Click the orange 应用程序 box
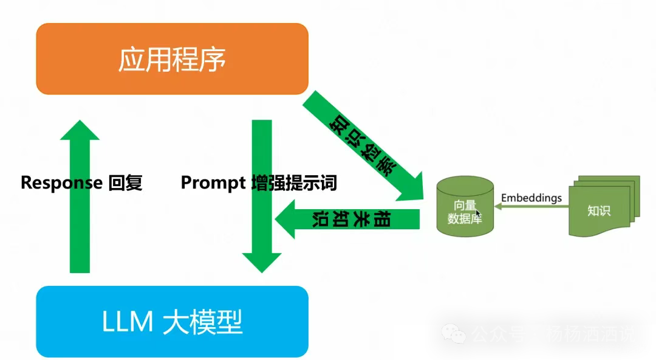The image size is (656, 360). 172,59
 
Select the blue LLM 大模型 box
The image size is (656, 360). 172,321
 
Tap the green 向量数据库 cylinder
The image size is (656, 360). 465,207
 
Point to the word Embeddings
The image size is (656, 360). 531,198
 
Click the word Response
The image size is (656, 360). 61,183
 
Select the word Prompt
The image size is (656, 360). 213,183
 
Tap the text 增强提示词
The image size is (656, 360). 294,183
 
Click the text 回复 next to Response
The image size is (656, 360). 125,183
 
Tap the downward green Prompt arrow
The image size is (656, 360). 262,201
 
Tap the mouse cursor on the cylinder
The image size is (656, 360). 479,213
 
